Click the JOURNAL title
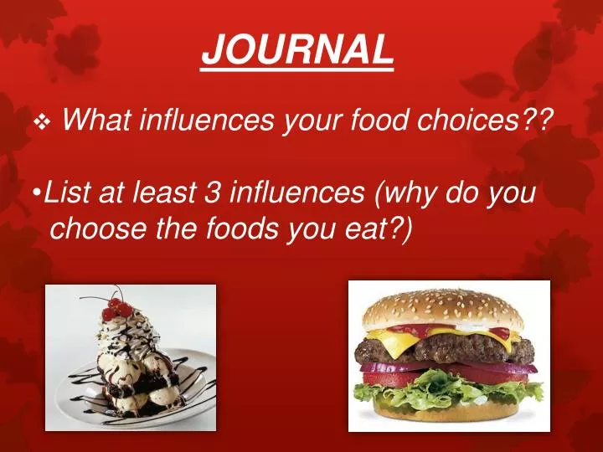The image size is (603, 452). click(297, 50)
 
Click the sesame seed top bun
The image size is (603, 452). click(444, 308)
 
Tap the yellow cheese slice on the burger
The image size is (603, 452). click(394, 339)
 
